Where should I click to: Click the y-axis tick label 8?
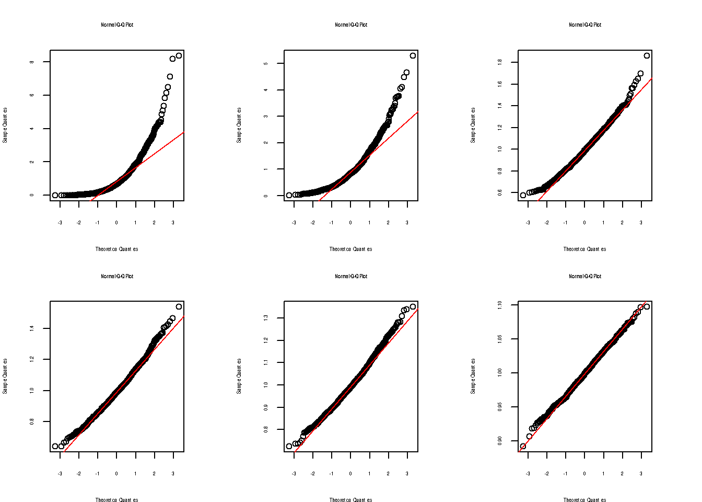pyautogui.click(x=32, y=62)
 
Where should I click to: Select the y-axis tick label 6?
pyautogui.click(x=32, y=95)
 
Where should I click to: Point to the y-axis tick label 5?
pyautogui.click(x=266, y=63)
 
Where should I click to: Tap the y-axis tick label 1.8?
pyautogui.click(x=500, y=62)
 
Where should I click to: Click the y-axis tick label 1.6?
pyautogui.click(x=500, y=84)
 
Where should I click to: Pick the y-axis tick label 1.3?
pyautogui.click(x=266, y=317)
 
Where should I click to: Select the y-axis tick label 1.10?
pyautogui.click(x=500, y=304)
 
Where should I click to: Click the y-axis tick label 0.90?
pyautogui.click(x=500, y=440)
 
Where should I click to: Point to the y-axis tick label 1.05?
pyautogui.click(x=500, y=339)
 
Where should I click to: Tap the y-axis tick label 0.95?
pyautogui.click(x=500, y=406)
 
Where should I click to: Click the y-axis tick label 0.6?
pyautogui.click(x=500, y=192)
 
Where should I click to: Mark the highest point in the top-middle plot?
pyautogui.click(x=413, y=55)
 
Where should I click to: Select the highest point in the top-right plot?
pyautogui.click(x=647, y=55)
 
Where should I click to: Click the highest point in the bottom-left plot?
pyautogui.click(x=179, y=306)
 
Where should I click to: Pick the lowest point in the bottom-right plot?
pyautogui.click(x=523, y=446)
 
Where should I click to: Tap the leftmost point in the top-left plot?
pyautogui.click(x=55, y=195)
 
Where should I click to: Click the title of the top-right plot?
pyautogui.click(x=585, y=25)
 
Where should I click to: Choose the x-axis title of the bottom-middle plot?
pyautogui.click(x=350, y=500)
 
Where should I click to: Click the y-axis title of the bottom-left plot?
pyautogui.click(x=5, y=376)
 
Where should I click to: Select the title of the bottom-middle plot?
pyautogui.click(x=351, y=276)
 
